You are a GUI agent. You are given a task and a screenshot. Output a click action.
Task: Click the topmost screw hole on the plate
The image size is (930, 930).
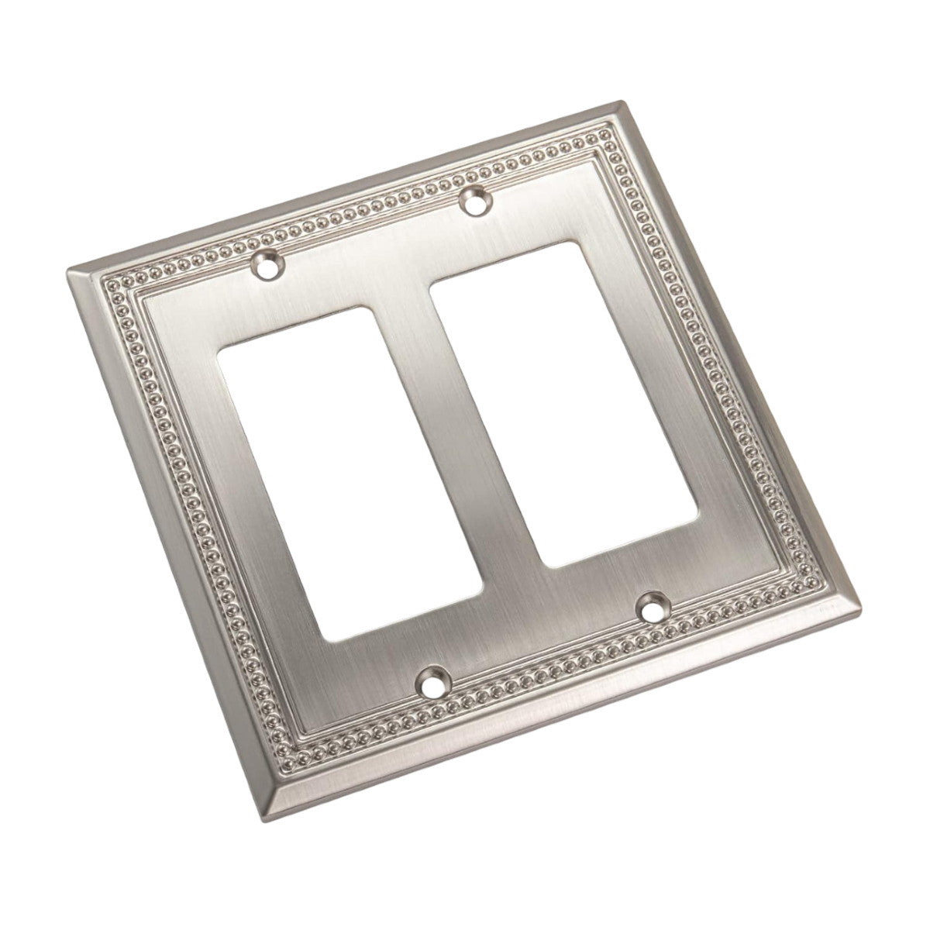coord(475,203)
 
